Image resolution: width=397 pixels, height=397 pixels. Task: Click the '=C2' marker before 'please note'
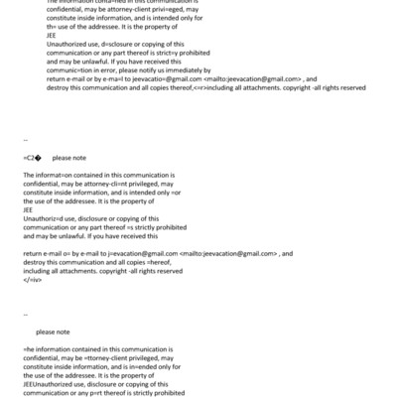[x=31, y=157]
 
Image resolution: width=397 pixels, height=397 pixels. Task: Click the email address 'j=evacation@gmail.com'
[x=140, y=253]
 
